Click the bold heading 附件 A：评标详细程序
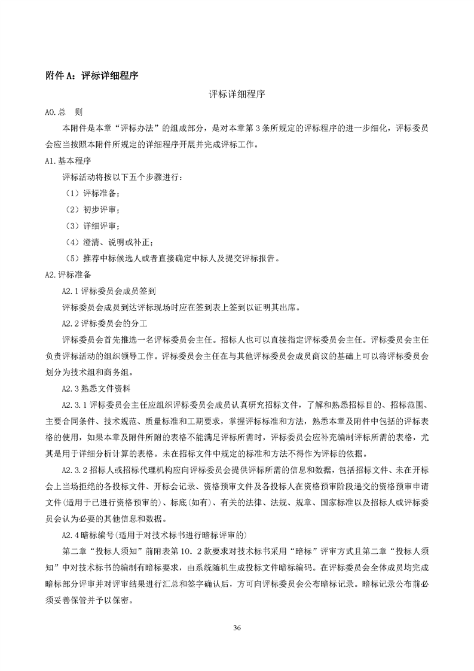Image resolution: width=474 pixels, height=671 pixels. click(x=93, y=75)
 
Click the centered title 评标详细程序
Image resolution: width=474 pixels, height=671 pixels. click(x=237, y=94)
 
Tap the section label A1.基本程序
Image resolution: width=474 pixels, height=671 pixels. click(x=68, y=161)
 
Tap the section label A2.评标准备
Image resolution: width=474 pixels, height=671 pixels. click(x=68, y=275)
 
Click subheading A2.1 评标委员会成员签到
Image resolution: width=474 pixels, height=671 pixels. click(x=109, y=291)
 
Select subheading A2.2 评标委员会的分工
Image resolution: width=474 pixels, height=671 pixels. click(x=109, y=324)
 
